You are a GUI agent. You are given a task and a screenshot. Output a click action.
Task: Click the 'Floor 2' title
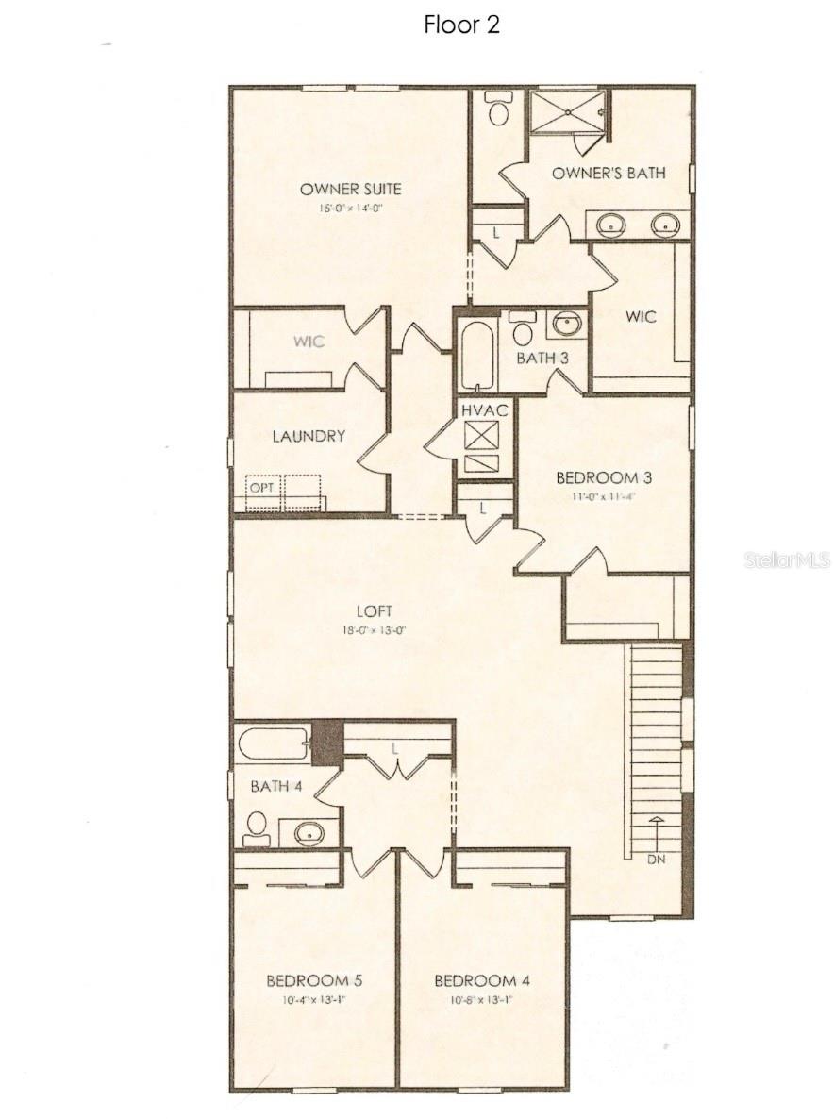(461, 25)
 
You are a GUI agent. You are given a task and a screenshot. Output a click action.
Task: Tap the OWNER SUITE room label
(350, 189)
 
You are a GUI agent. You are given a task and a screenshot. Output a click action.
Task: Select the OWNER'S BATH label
(609, 173)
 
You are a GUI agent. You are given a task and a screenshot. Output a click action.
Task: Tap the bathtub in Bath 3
(478, 356)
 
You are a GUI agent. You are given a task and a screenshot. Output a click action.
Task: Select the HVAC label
(485, 410)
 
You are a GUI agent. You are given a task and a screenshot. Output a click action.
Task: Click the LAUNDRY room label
(309, 437)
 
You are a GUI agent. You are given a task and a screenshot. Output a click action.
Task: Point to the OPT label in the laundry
(260, 488)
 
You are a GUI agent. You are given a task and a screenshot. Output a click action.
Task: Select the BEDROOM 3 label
(604, 477)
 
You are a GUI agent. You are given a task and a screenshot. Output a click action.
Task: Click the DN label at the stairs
(656, 860)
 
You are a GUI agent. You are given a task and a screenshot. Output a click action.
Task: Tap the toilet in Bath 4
(256, 828)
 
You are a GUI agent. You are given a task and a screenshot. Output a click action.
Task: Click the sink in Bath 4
(308, 833)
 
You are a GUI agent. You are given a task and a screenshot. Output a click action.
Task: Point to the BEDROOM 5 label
(314, 980)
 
